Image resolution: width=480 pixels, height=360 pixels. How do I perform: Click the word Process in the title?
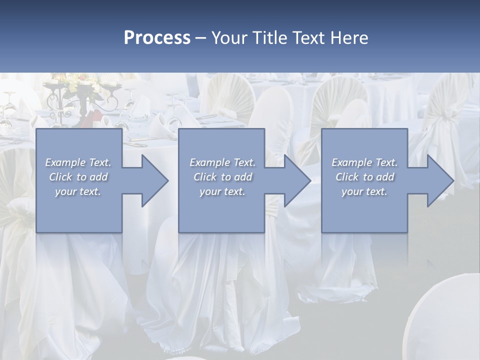[156, 38]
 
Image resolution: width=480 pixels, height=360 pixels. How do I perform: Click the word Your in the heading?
[230, 38]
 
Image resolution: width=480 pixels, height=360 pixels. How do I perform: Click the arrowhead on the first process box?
[153, 180]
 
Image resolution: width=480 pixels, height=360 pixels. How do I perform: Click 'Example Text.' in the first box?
[78, 162]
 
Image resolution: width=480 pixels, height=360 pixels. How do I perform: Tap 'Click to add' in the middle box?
[222, 177]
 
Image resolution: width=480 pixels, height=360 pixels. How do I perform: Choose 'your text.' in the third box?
[364, 191]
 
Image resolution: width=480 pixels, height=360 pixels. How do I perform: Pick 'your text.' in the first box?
[78, 191]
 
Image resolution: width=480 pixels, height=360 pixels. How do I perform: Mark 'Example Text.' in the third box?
[364, 162]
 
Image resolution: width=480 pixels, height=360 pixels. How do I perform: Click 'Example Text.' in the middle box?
[222, 162]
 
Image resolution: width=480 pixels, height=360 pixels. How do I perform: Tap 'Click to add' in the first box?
[78, 177]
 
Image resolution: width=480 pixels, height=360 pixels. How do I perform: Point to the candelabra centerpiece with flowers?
[84, 95]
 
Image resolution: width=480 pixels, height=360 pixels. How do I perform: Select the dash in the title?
[200, 38]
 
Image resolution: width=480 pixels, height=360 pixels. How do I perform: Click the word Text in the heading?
[308, 38]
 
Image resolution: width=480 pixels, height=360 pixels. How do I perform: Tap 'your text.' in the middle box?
[222, 191]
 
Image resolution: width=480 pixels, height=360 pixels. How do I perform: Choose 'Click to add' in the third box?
[364, 177]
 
